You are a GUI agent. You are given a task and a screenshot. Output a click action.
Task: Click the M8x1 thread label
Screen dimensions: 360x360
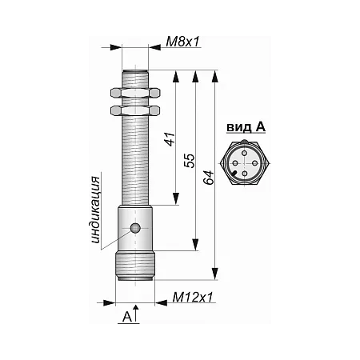(182, 42)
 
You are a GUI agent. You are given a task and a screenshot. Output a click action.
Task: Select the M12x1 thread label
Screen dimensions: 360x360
(193, 297)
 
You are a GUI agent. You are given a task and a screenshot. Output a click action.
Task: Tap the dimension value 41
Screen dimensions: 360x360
(170, 139)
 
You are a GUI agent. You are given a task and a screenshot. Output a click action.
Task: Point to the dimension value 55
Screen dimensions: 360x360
(190, 161)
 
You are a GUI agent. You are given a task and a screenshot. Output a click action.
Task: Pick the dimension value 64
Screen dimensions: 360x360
(209, 178)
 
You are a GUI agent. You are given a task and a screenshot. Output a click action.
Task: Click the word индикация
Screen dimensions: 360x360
(95, 210)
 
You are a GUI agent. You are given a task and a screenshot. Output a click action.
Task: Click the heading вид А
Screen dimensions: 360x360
(246, 127)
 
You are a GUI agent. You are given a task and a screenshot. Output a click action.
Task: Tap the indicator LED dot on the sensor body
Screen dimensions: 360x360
(135, 228)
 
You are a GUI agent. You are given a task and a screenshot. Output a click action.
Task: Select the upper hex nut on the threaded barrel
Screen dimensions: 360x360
(135, 93)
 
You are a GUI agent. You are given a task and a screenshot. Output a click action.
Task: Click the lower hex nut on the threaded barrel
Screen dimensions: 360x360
(135, 110)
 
